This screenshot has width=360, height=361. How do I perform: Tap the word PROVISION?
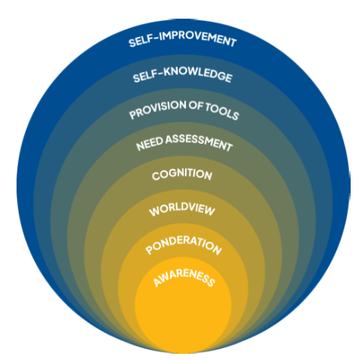point(158,109)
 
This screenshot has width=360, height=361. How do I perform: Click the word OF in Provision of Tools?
point(196,106)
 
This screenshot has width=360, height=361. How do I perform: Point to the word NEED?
point(150,143)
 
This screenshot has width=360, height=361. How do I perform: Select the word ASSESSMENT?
point(199,142)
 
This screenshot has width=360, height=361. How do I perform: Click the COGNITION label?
point(182,174)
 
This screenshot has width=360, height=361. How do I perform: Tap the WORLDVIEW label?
point(182,209)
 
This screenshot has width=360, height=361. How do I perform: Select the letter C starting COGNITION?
point(156,176)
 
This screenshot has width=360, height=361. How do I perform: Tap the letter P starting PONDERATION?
point(149,251)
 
